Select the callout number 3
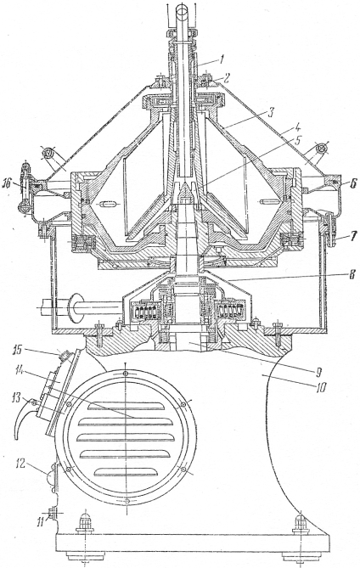point(270,114)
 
